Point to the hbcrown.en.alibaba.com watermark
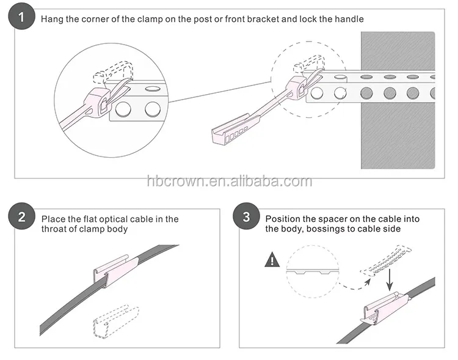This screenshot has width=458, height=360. pyautogui.click(x=229, y=182)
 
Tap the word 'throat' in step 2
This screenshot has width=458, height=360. pyautogui.click(x=55, y=229)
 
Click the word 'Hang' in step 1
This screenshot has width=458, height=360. pyautogui.click(x=51, y=19)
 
